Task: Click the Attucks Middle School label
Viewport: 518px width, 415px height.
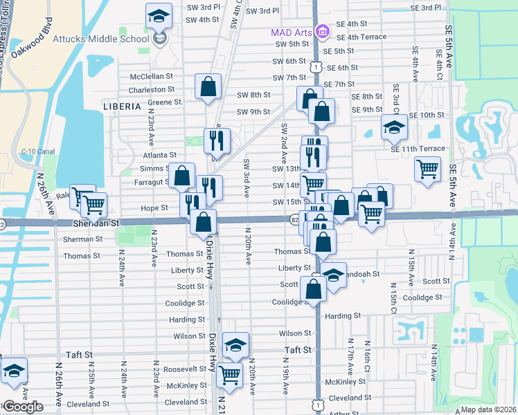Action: pyautogui.click(x=100, y=38)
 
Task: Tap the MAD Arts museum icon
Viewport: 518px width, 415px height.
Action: pyautogui.click(x=321, y=32)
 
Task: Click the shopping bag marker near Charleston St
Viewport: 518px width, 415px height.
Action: pyautogui.click(x=208, y=86)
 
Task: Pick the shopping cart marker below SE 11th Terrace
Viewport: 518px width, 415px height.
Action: pyautogui.click(x=428, y=169)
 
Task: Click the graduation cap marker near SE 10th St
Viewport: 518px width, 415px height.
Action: pyautogui.click(x=394, y=127)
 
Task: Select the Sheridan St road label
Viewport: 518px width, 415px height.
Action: pyautogui.click(x=96, y=223)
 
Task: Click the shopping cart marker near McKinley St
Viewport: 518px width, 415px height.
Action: pyautogui.click(x=229, y=375)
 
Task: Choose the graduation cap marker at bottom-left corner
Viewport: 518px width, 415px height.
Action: pyautogui.click(x=14, y=371)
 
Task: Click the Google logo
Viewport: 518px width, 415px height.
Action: pyautogui.click(x=23, y=407)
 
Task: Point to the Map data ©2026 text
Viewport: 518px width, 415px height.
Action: pyautogui.click(x=488, y=409)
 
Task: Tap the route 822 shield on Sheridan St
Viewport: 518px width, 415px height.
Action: pyautogui.click(x=294, y=219)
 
